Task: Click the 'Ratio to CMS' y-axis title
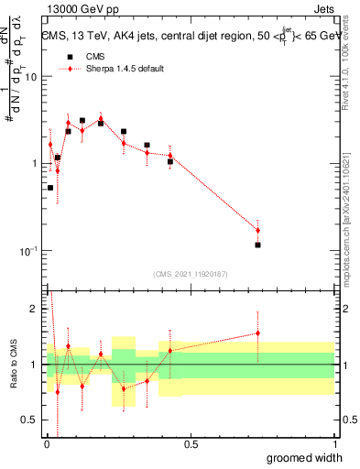tap(13, 365)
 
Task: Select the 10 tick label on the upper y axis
tap(30, 77)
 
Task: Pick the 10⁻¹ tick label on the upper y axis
tap(28, 251)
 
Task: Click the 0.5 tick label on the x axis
tap(191, 444)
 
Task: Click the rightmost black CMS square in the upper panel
tap(258, 245)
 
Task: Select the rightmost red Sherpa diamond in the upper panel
tap(258, 230)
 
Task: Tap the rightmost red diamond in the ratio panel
tap(258, 333)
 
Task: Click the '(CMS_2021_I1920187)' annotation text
tap(191, 273)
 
